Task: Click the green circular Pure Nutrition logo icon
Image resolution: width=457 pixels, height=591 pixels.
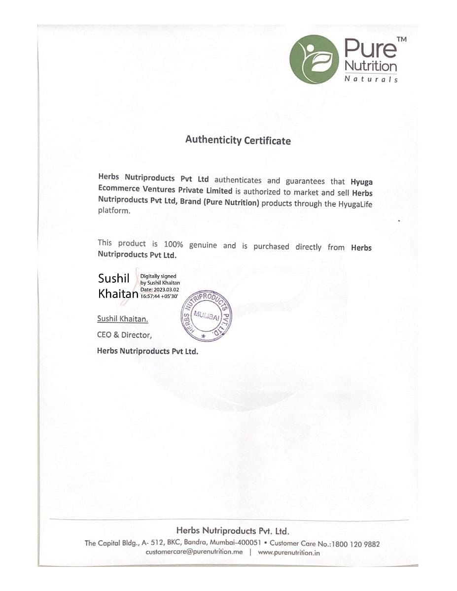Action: (314, 59)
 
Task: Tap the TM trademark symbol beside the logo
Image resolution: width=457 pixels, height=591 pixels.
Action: (401, 39)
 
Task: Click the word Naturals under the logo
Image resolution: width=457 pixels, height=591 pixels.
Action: (371, 79)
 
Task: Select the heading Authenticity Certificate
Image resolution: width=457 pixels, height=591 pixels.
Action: (238, 140)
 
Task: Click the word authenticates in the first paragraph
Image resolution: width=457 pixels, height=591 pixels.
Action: (238, 180)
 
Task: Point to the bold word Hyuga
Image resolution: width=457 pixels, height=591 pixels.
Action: (361, 182)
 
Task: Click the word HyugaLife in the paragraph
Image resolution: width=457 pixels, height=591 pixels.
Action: (354, 203)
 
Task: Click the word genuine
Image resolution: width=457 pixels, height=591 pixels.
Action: (203, 245)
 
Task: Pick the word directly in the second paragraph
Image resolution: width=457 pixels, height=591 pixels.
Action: (308, 247)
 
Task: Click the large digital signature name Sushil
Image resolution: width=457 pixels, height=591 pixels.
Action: (113, 279)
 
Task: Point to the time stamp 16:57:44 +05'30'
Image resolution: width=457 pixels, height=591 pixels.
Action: (159, 296)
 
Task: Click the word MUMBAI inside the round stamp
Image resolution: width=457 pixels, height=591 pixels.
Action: (206, 315)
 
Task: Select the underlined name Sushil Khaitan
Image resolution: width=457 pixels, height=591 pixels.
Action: (122, 319)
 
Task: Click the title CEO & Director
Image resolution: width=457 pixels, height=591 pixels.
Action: (124, 335)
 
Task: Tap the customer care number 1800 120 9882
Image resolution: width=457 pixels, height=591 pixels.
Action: (355, 544)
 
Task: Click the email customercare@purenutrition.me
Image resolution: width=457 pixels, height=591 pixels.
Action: (194, 552)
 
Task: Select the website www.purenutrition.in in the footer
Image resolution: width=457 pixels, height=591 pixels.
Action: (289, 553)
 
